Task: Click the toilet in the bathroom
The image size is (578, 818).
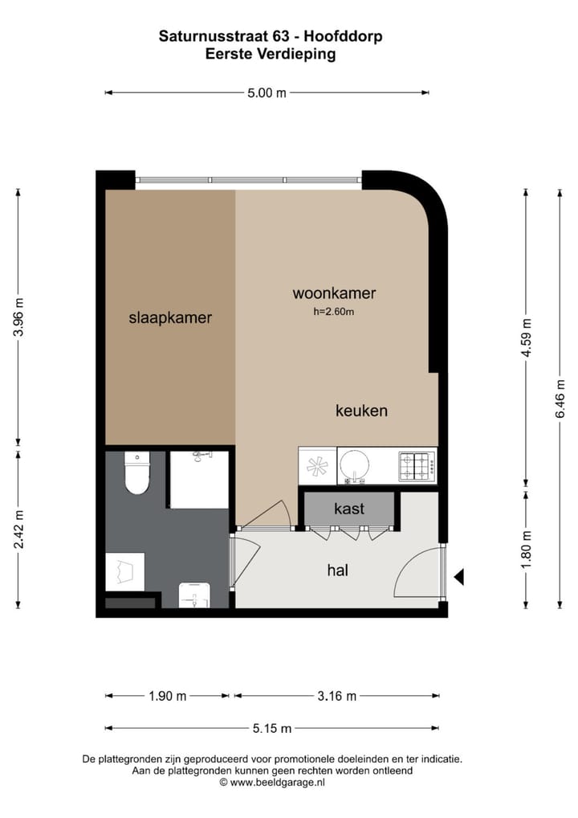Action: tap(137, 475)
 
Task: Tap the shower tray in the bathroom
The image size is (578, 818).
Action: tap(199, 481)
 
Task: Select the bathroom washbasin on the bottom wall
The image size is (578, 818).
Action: tap(193, 594)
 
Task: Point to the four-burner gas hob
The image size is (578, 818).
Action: tap(417, 465)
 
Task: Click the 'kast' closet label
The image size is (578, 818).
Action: tap(349, 509)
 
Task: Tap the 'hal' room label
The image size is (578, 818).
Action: tap(338, 570)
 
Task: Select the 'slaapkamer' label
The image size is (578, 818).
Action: tap(170, 317)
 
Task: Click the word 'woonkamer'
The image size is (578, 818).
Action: tap(334, 293)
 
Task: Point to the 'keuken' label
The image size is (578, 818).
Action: tap(361, 411)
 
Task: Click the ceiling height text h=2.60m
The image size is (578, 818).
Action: tap(334, 312)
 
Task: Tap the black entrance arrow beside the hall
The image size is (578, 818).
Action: tap(459, 576)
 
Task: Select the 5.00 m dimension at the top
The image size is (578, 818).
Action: tap(267, 92)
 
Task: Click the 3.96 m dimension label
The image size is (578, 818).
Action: tap(19, 317)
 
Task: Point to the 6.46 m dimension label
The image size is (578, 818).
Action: tap(560, 398)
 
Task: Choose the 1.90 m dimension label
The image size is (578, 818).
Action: tap(167, 696)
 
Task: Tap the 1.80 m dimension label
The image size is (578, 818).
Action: tap(527, 549)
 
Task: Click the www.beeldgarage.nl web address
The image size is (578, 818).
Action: tap(277, 781)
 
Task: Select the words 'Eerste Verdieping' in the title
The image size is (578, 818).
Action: tap(271, 55)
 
